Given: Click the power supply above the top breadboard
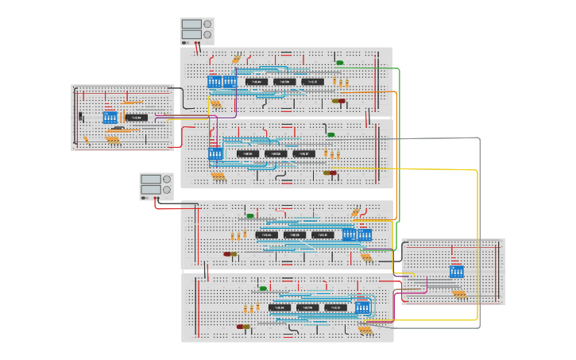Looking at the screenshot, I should [x=197, y=31].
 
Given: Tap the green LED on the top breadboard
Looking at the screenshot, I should [x=340, y=62].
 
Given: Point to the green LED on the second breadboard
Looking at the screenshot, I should [x=331, y=134].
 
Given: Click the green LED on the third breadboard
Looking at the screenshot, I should [x=250, y=215].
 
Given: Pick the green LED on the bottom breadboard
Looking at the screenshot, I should [x=263, y=288].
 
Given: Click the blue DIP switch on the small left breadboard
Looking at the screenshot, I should [x=110, y=118].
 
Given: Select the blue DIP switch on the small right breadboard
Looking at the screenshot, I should [x=456, y=272].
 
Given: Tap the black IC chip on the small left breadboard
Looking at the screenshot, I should [x=137, y=118].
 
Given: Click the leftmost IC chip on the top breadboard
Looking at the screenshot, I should [x=256, y=81].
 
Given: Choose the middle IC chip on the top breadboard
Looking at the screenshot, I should [x=284, y=81].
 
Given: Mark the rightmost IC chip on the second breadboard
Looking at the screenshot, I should [x=303, y=153].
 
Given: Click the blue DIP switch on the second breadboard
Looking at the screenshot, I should [x=215, y=153].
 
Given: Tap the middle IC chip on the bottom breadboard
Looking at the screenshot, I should [x=307, y=308].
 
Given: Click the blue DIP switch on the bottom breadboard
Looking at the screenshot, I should [x=363, y=307].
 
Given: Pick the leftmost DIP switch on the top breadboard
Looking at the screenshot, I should [x=215, y=81].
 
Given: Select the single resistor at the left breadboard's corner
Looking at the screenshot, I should [x=86, y=139].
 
